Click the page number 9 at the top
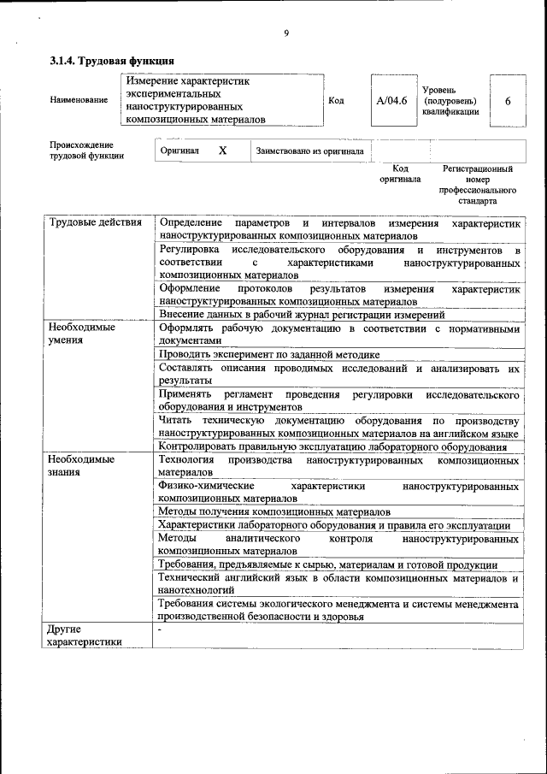click(x=286, y=33)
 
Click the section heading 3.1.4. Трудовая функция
click(x=112, y=62)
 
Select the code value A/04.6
click(x=391, y=101)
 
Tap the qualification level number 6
click(x=508, y=101)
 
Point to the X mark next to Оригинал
click(x=222, y=151)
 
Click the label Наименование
click(x=79, y=100)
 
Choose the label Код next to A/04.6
click(x=336, y=101)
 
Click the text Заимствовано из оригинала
click(x=310, y=151)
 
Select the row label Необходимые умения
click(x=82, y=333)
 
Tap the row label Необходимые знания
click(x=82, y=465)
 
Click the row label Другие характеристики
click(x=85, y=635)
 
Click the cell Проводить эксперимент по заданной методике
click(x=269, y=354)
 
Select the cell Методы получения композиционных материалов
click(x=274, y=511)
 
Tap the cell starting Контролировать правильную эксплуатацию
click(x=333, y=446)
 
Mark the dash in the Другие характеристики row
click(x=161, y=629)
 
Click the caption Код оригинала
click(x=400, y=174)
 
